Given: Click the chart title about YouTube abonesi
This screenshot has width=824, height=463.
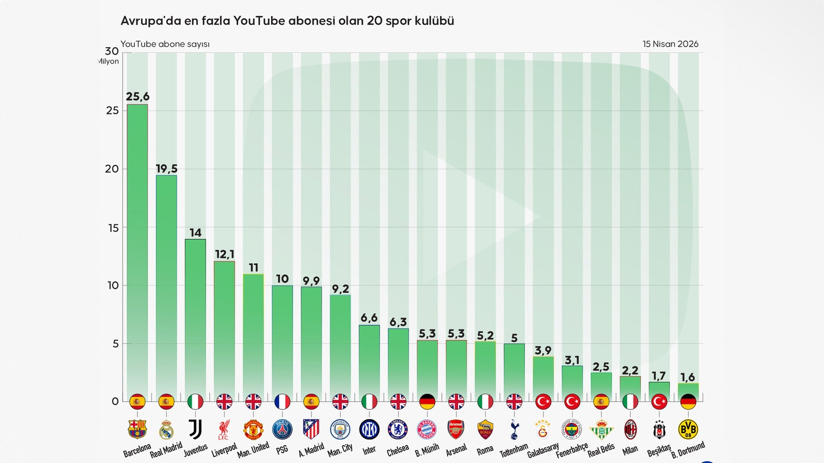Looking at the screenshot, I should point(287,21).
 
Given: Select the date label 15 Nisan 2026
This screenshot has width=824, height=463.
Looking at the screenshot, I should point(670,44).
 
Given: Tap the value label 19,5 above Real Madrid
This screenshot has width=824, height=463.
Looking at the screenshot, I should point(166,169).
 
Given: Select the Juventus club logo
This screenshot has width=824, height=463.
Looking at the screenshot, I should point(195,429).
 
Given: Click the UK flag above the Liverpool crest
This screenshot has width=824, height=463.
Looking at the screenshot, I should point(224,401).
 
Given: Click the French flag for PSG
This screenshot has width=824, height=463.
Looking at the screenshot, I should point(282,401).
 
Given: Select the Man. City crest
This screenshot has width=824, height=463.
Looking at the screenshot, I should point(340,429).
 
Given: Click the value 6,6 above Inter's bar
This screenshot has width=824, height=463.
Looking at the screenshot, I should point(369,318).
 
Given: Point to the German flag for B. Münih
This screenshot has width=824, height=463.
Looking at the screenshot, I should point(427,401).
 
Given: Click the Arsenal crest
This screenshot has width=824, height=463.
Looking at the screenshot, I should point(456,429).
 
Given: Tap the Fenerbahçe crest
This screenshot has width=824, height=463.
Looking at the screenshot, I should point(572,429).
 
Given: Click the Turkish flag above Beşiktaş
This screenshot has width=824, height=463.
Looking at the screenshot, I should point(659,401).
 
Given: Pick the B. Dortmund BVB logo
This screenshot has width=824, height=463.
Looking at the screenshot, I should point(688,429).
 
